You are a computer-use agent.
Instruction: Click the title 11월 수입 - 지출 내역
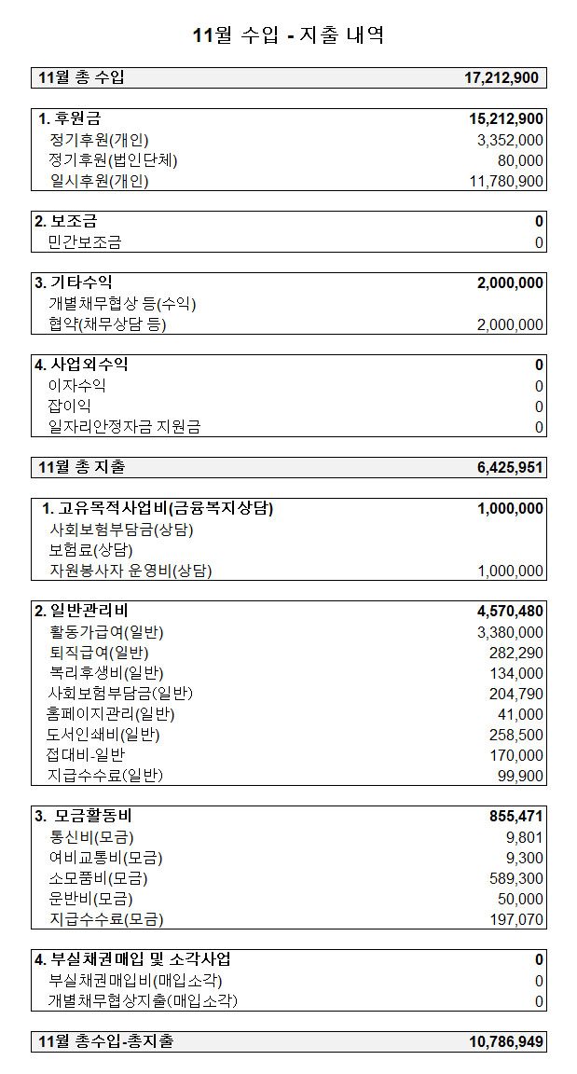[x=288, y=36]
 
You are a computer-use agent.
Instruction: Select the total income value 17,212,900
[x=501, y=78]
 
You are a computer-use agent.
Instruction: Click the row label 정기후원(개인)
[x=99, y=140]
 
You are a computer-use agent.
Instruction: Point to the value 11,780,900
[x=507, y=181]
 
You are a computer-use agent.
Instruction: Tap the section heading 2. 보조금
[x=65, y=222]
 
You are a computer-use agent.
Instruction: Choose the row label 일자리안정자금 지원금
[x=124, y=427]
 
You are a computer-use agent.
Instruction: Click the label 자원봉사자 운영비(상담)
[x=131, y=571]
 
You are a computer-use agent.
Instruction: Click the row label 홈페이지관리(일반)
[x=111, y=714]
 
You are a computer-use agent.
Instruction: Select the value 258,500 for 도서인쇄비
[x=516, y=735]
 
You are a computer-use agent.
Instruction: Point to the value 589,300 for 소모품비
[x=516, y=878]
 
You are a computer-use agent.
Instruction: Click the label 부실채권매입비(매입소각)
[x=135, y=981]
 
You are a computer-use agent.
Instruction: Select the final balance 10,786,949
[x=504, y=1041]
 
